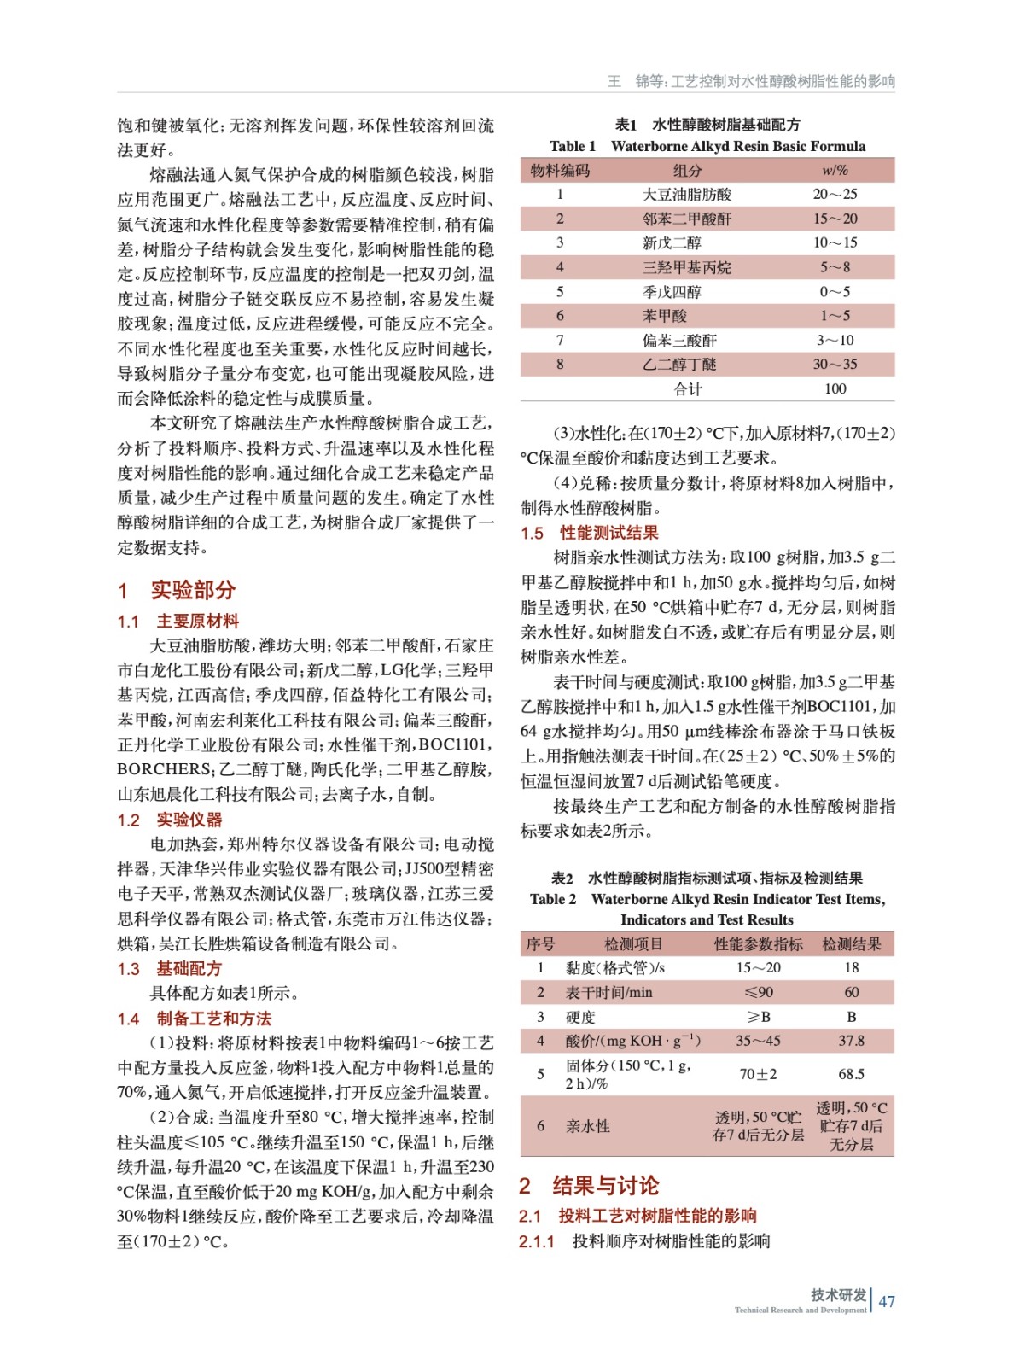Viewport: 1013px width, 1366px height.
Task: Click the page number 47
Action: coord(887,1301)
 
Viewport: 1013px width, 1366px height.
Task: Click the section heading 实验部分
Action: coord(193,590)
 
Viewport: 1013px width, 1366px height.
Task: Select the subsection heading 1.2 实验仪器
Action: coord(170,820)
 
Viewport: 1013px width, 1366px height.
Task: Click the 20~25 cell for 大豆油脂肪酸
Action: coord(834,195)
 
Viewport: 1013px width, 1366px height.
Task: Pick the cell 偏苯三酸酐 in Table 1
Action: coord(679,341)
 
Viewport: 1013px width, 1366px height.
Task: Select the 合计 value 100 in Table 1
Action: coord(835,389)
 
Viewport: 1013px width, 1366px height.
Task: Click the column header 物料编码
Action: coord(560,171)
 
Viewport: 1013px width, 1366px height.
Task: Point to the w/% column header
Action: coord(834,171)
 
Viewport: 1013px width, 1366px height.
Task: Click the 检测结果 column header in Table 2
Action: coord(851,944)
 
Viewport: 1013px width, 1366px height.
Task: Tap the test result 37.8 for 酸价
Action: coord(851,1041)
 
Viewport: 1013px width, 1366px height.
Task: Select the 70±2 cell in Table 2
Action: coord(758,1074)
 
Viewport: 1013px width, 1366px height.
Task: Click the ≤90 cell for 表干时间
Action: coord(758,992)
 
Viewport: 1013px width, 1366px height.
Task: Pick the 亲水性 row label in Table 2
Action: coord(588,1126)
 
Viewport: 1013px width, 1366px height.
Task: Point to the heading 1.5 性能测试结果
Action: coord(590,533)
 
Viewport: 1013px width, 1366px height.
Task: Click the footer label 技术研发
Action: coord(838,1294)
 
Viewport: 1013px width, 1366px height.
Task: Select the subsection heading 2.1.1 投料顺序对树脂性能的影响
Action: coord(644,1240)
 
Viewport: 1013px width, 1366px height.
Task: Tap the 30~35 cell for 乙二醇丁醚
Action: coord(834,365)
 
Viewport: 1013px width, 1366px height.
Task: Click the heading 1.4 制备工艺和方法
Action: coord(195,1018)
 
